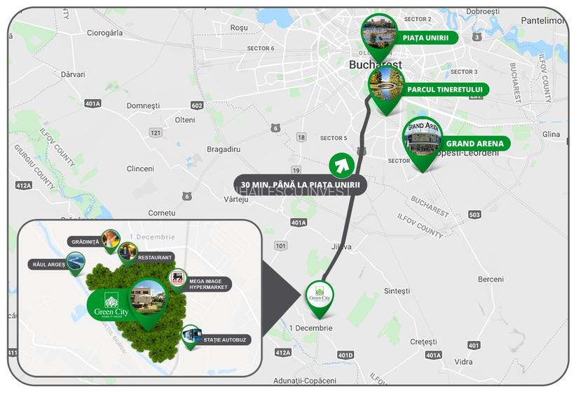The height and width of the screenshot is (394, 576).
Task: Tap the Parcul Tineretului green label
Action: coord(444,90)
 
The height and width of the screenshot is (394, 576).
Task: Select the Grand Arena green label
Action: coord(474,144)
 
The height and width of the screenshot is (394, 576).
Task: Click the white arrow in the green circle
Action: coord(341,165)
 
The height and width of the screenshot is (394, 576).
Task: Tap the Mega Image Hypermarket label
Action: coord(209,284)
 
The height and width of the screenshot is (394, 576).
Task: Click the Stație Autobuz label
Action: coord(226,340)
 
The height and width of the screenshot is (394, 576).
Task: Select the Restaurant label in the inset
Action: coord(154,258)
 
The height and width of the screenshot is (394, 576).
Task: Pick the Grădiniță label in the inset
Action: coord(85,241)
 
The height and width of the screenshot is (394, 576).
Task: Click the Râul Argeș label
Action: coord(48,265)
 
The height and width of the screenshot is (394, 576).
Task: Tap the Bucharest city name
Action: coord(376,64)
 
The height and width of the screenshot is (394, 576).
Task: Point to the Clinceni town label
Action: coord(140,169)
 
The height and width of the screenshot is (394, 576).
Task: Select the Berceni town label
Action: coord(491,279)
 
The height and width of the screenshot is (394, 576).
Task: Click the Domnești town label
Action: coord(143,106)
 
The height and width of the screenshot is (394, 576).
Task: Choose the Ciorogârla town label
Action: coord(104,32)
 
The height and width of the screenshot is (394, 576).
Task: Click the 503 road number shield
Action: coord(474,214)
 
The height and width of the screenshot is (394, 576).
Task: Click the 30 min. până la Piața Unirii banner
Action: coord(300,185)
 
